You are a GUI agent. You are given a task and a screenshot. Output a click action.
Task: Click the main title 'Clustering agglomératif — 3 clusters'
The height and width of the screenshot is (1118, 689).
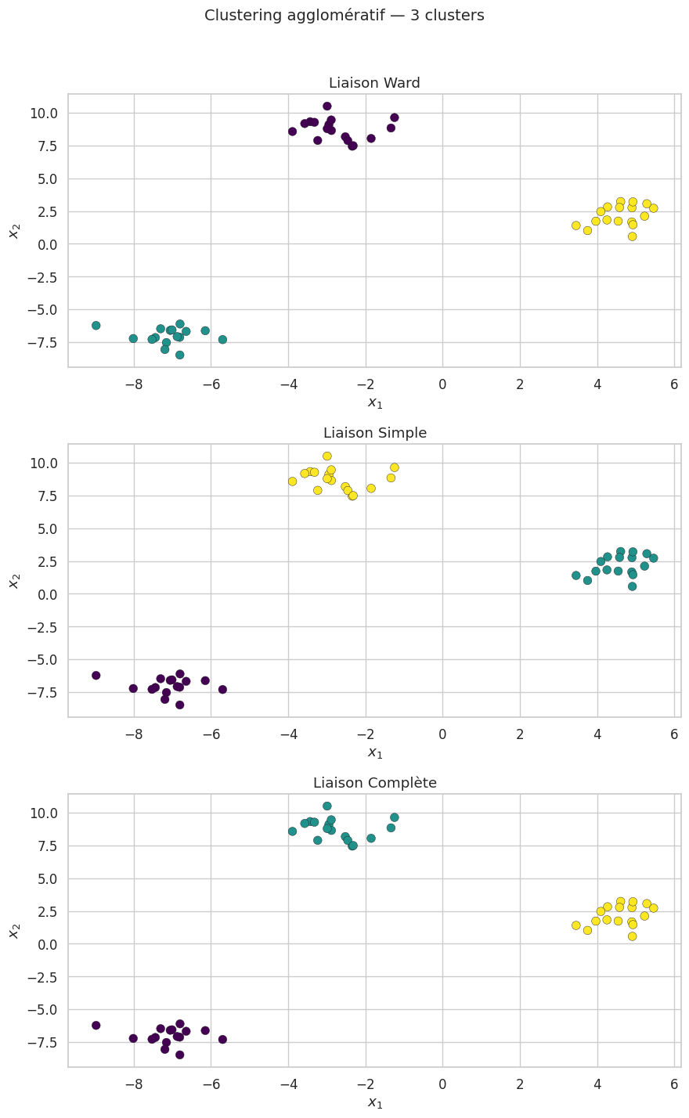point(344,16)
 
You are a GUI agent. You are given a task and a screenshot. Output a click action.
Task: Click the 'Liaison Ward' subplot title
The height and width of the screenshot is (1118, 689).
point(374,83)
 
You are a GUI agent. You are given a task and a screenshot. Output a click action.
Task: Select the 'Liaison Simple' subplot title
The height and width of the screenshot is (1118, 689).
point(374,433)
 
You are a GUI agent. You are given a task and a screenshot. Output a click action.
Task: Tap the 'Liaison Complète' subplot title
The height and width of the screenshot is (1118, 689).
point(374,783)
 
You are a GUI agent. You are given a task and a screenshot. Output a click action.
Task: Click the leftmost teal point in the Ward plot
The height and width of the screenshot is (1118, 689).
point(96,326)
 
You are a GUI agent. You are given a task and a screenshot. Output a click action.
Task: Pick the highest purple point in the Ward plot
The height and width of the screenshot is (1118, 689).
point(327,106)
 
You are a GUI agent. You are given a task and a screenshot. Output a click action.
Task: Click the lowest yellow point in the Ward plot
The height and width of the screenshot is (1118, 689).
point(633,236)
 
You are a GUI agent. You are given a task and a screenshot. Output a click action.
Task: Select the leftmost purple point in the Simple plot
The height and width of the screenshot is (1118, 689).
point(96,676)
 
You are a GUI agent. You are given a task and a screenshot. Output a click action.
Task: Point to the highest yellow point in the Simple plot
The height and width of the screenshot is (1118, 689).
point(327,456)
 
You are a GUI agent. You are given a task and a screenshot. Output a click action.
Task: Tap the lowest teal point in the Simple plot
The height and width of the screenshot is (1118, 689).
point(633,586)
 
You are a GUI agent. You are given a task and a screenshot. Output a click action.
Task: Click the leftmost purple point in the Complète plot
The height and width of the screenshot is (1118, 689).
point(96,1026)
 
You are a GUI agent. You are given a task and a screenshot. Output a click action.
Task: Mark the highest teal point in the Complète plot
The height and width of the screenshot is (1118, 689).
point(327,806)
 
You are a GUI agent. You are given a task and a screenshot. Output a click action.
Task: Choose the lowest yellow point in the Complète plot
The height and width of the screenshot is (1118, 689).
point(633,936)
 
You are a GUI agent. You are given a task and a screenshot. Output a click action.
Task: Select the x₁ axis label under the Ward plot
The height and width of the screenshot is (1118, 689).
point(374,402)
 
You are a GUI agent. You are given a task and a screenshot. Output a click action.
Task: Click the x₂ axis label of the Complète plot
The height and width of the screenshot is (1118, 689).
point(14,930)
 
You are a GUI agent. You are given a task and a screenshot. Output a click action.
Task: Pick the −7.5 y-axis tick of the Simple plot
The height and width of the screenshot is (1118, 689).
point(41,693)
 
